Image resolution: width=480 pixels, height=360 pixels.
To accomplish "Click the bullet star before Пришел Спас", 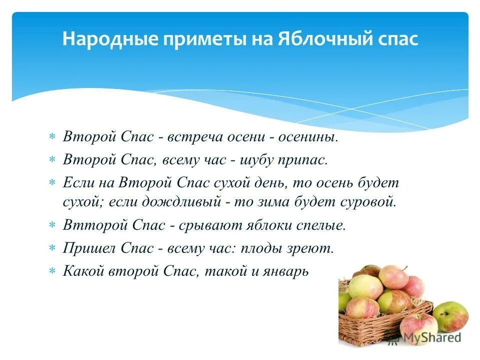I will [x=51, y=248].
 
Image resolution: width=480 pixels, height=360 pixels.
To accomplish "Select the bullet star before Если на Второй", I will [x=51, y=182].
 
